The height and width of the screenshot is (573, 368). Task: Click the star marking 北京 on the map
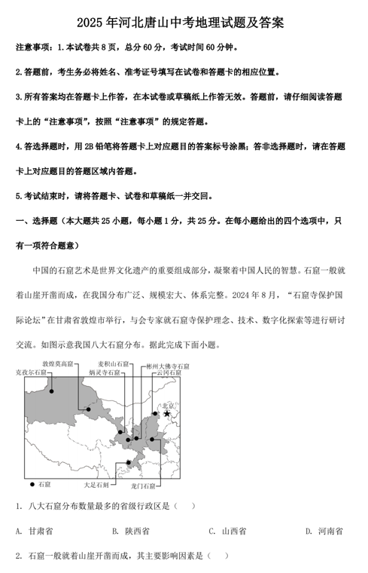[167, 413]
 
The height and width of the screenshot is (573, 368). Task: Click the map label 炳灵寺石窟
[105, 372]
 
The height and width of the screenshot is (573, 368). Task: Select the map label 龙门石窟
[142, 486]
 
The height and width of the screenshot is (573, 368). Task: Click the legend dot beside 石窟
[32, 483]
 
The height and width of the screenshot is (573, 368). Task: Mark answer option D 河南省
[325, 531]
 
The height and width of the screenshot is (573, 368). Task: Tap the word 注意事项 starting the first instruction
[34, 47]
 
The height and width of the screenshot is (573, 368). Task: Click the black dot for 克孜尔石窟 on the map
[51, 391]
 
